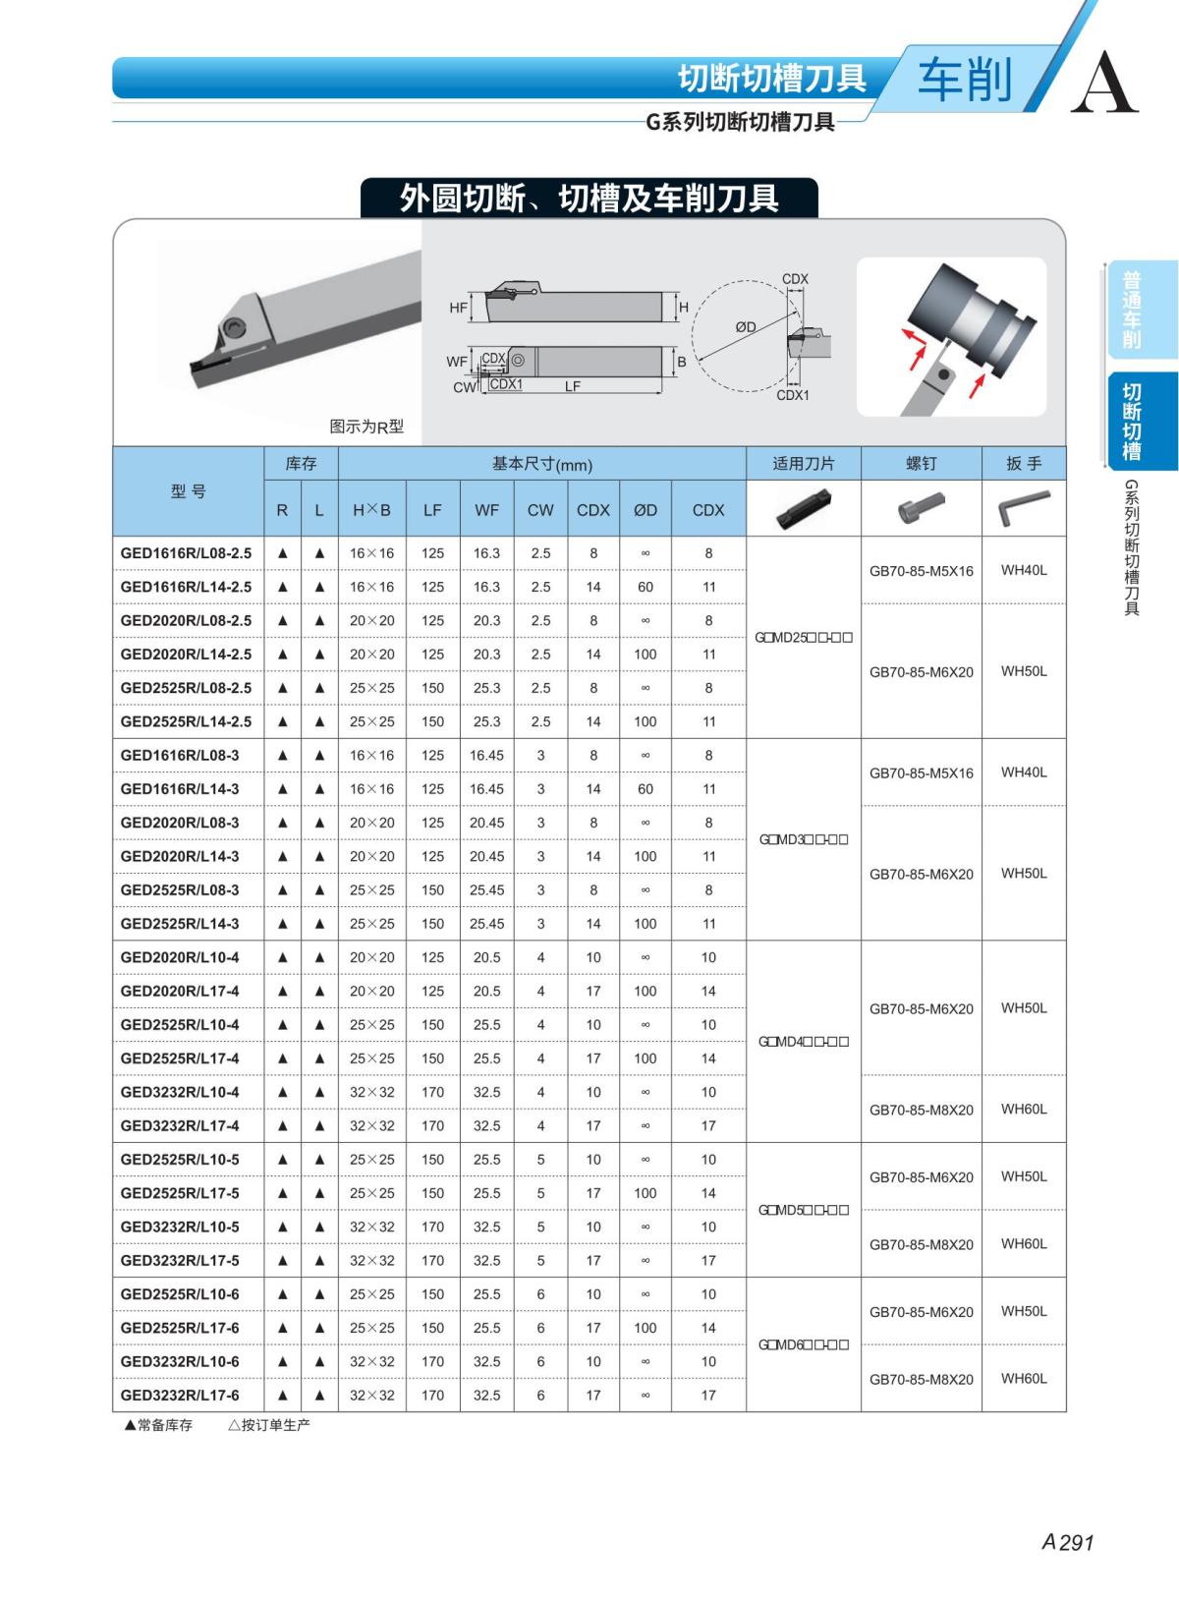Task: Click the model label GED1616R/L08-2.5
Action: (186, 553)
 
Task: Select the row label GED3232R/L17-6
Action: (180, 1396)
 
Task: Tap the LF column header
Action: (432, 510)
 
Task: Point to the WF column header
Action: (486, 510)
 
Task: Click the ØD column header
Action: (646, 510)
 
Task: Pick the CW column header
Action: (540, 510)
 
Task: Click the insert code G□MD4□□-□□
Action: (804, 1042)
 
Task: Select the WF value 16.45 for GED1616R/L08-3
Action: (486, 756)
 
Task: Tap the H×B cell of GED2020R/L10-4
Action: (372, 957)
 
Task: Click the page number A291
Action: (1067, 1542)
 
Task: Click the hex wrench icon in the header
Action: (1024, 509)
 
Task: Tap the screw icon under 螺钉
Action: (921, 508)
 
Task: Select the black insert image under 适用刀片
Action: (803, 508)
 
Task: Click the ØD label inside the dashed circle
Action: (746, 327)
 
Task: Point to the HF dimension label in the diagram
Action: (458, 308)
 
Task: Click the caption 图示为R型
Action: (366, 427)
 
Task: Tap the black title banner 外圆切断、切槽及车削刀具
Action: (589, 199)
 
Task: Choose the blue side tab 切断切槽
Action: (1132, 422)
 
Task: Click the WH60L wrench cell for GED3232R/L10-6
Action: (1024, 1379)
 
